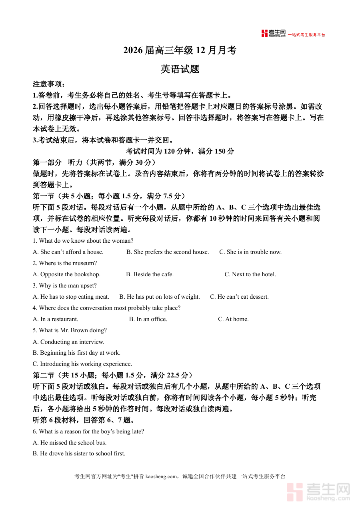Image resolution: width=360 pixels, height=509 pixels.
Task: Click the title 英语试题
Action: point(180,69)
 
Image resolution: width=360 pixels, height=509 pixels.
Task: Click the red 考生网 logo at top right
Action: point(274,34)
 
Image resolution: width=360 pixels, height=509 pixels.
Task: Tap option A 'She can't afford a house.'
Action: point(68,252)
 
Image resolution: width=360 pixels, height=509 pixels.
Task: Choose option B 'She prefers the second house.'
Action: point(168,252)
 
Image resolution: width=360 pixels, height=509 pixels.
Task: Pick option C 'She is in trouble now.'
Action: point(250,252)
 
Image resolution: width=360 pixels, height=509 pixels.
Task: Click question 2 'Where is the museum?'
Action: point(65,263)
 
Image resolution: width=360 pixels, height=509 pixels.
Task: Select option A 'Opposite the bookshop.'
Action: point(66,274)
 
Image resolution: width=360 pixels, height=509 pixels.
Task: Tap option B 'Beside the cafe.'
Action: point(150,274)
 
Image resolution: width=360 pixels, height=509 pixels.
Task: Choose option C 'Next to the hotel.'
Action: point(250,274)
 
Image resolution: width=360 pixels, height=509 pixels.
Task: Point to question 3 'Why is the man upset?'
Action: point(65,285)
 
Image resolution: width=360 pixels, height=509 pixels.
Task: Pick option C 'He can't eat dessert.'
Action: point(239,297)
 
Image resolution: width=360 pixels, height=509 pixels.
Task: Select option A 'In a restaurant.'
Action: point(56,319)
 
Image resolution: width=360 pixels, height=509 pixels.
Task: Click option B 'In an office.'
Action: point(148,319)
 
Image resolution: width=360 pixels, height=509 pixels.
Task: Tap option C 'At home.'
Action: point(233,319)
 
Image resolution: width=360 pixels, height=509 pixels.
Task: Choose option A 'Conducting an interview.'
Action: point(68,342)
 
